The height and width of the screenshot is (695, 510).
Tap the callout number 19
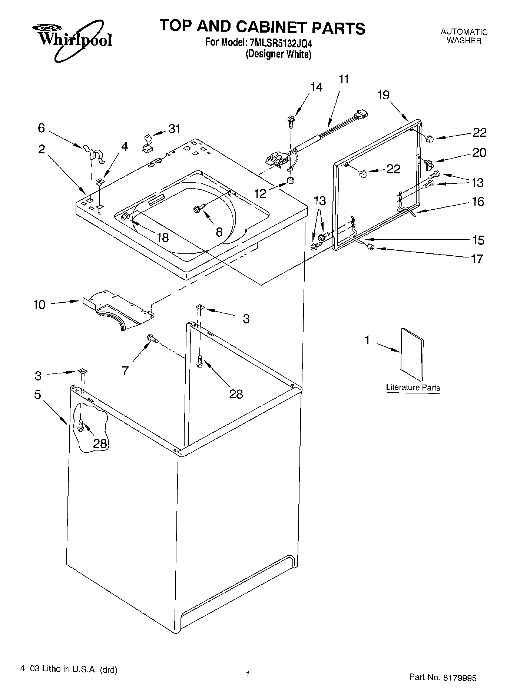pos(384,95)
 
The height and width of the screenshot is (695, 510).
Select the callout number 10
pos(39,305)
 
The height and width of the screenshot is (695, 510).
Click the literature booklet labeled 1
pos(412,353)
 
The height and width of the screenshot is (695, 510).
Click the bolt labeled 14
pos(291,121)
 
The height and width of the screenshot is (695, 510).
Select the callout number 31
pos(174,129)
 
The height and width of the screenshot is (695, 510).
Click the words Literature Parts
pos(413,388)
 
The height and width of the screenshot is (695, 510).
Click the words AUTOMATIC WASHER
pos(464,36)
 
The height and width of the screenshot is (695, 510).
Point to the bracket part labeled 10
pos(119,310)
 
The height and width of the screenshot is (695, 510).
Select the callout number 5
pos(38,395)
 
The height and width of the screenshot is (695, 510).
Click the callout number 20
pos(479,152)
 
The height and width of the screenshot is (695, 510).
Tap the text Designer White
pos(278,54)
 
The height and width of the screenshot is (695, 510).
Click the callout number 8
pos(219,232)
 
